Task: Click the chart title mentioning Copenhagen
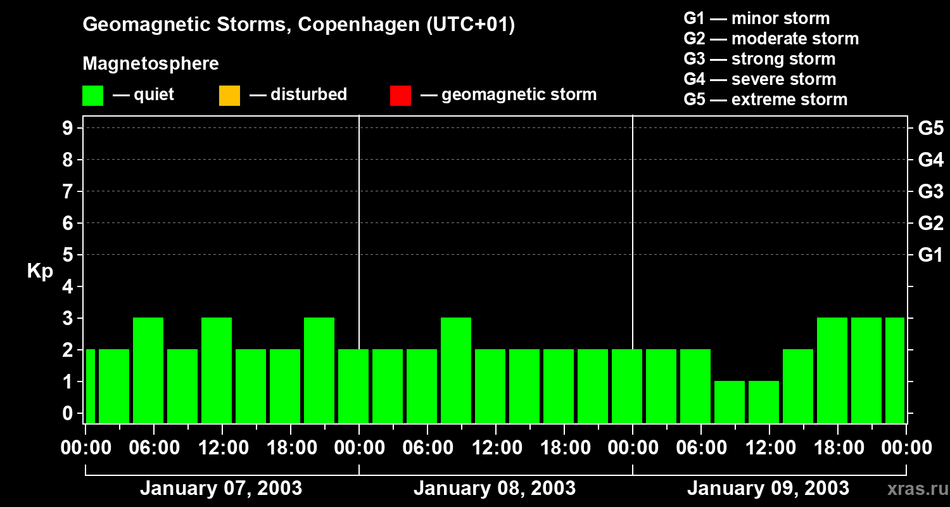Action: [298, 25]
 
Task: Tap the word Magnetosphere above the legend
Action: [151, 64]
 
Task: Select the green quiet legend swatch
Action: [92, 95]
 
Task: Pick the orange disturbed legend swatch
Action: [229, 95]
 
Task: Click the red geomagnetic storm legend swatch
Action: [400, 95]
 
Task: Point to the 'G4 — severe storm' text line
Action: [759, 79]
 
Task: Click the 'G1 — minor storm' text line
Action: [756, 18]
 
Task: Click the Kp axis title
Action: [40, 271]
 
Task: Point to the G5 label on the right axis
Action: [930, 128]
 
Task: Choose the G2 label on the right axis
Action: [930, 223]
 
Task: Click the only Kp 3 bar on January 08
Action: [456, 370]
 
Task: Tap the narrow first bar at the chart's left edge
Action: [90, 386]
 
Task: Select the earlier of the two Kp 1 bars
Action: [730, 402]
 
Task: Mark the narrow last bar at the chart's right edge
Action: [894, 370]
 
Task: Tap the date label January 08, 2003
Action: [495, 489]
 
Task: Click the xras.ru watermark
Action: [915, 489]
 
